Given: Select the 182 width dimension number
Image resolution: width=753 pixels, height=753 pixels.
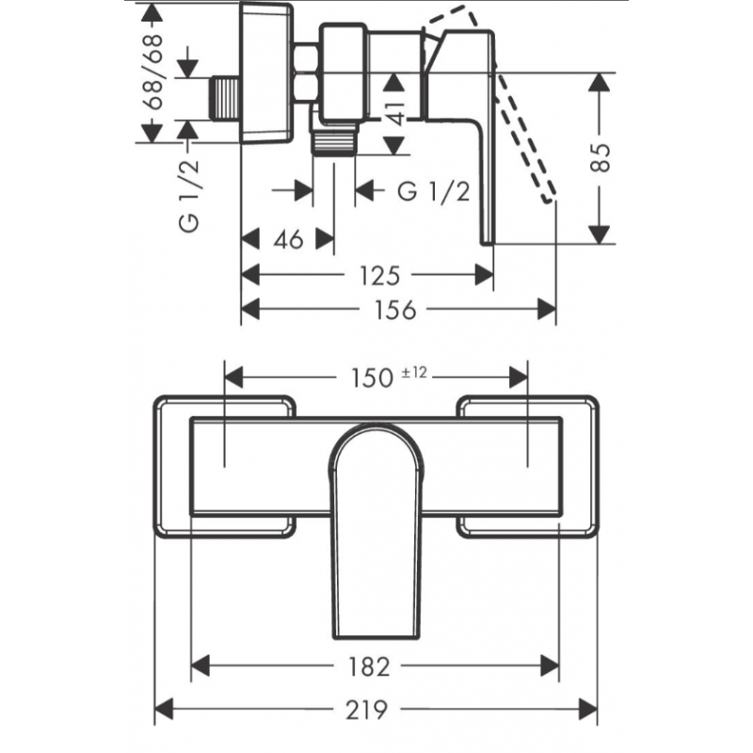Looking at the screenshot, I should point(367,665).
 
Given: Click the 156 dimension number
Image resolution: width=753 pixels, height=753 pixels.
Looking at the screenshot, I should point(394,309).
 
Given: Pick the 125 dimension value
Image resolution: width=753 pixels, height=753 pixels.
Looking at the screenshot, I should point(381,274).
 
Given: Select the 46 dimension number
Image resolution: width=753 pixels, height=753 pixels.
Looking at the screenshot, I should point(289,240).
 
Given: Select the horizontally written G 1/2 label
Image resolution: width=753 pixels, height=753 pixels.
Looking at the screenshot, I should point(434,191).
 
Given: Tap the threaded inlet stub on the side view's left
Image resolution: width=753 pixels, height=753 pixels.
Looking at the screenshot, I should point(223,97).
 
